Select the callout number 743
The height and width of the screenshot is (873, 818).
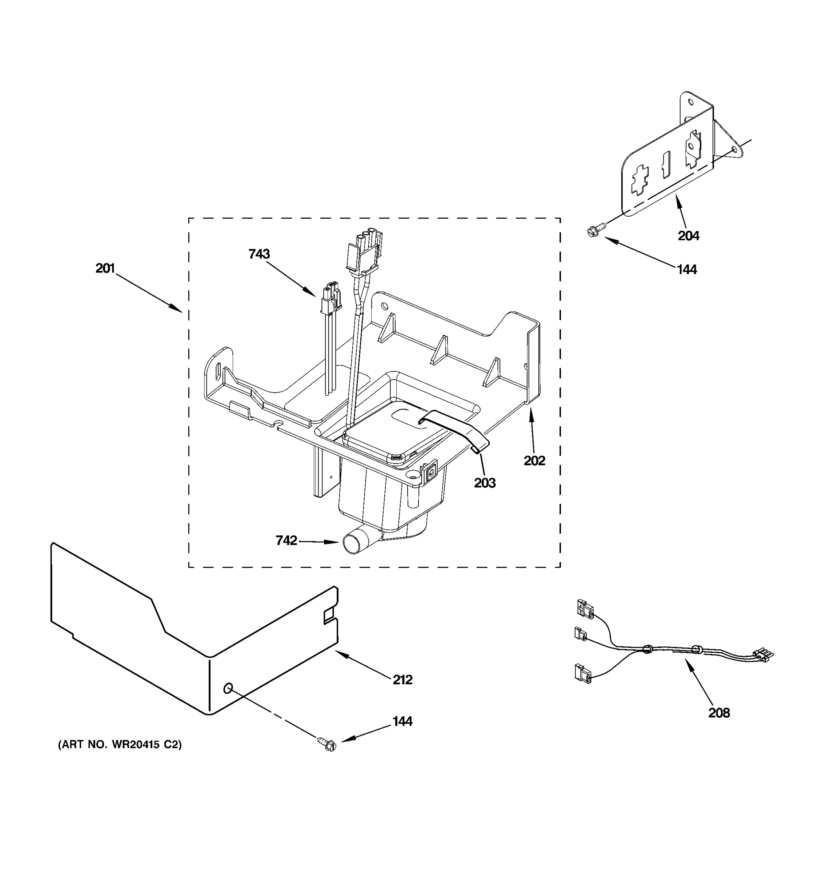pos(259,254)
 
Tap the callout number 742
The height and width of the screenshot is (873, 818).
pos(286,541)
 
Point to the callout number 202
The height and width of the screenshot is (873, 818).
pos(534,461)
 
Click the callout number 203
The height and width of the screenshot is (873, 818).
pos(485,483)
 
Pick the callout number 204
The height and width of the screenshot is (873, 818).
pos(688,236)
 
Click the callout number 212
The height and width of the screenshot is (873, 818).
pos(402,680)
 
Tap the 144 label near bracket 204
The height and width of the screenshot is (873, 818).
pos(687,270)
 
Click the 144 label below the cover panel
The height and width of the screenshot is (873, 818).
pos(402,722)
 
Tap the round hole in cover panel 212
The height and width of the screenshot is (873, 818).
pos(228,689)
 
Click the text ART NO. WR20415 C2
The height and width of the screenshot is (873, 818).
pos(120,745)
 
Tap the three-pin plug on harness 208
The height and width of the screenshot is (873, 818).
pos(763,655)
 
